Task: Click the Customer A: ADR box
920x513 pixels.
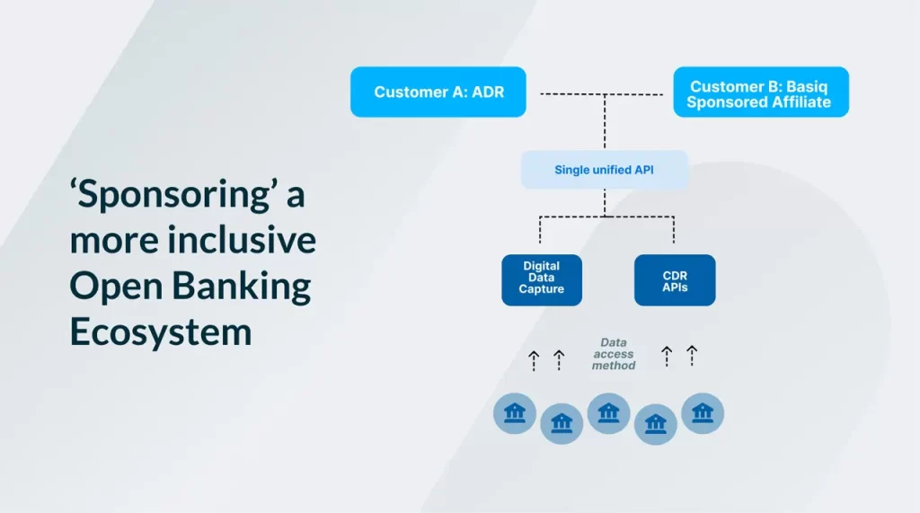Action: coord(438,92)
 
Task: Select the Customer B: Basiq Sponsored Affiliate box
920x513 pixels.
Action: coord(761,92)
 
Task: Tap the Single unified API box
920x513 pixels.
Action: coord(605,170)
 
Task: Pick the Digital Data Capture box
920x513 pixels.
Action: coord(542,280)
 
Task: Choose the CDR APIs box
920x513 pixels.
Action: coord(675,280)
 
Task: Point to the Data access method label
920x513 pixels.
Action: coord(614,354)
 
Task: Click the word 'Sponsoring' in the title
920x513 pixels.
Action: coord(171,195)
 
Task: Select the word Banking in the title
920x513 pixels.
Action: coord(241,287)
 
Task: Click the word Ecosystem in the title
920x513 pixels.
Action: coord(161,332)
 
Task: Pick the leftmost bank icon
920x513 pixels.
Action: coord(515,413)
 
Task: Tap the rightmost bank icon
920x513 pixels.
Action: coord(703,413)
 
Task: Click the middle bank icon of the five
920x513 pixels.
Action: coord(608,413)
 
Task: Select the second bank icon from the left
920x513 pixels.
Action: coord(562,423)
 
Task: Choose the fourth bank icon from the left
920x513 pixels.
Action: coord(655,423)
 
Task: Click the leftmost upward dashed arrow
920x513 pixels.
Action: coord(534,361)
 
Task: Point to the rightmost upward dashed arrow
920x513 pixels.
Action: coord(693,356)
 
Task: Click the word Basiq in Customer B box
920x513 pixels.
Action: coord(807,87)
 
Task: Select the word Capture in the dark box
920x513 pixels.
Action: coord(542,288)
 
